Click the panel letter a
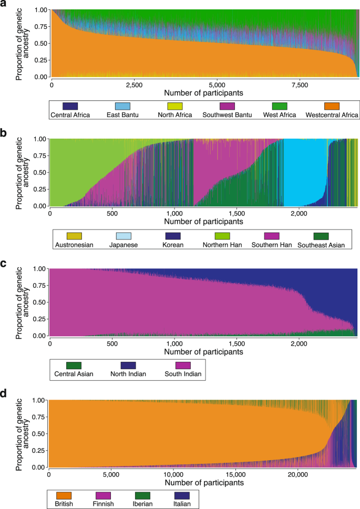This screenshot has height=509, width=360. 4,5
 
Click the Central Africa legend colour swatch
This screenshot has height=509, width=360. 70,106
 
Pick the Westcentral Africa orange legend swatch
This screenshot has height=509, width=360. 332,106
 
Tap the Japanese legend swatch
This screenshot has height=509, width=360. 123,235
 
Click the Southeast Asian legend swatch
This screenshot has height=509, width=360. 321,235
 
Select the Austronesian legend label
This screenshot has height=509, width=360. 74,245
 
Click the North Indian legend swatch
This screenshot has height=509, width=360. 128,365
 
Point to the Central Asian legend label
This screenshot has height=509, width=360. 75,374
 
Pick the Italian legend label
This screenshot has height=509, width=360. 180,503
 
